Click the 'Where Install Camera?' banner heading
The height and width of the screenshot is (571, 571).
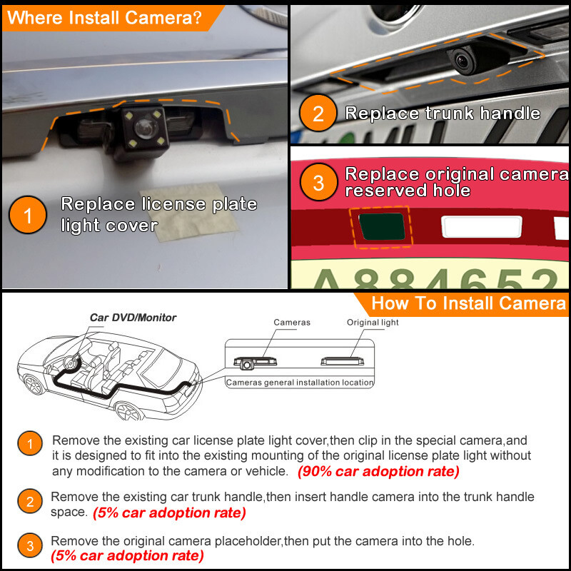pos(103,18)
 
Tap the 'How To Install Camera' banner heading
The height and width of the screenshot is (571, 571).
pos(468,303)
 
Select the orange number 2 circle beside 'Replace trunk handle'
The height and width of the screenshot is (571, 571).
pos(318,114)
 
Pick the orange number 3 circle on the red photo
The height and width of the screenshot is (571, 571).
pos(318,183)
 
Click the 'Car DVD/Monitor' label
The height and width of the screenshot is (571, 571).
pos(133,318)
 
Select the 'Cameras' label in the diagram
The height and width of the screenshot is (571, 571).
pos(292,323)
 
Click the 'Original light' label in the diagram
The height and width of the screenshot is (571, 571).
pos(373,323)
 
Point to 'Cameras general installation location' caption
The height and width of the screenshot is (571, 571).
pos(300,383)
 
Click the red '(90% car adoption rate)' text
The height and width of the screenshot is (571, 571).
pos(378,472)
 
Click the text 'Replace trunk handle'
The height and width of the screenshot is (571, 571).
pos(443,113)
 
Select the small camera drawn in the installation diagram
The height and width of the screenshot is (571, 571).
pos(247,365)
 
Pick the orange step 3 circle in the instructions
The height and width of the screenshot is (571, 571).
pos(29,547)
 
